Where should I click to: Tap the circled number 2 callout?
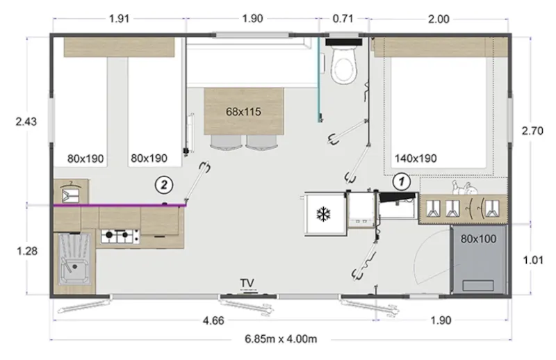163,184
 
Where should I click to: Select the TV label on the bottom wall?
247,282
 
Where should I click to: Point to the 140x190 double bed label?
415,158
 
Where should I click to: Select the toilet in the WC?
343,66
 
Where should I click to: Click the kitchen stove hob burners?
117,237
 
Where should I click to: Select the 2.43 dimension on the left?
26,121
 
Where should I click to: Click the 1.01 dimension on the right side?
534,260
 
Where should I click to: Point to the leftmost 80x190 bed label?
85,158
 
